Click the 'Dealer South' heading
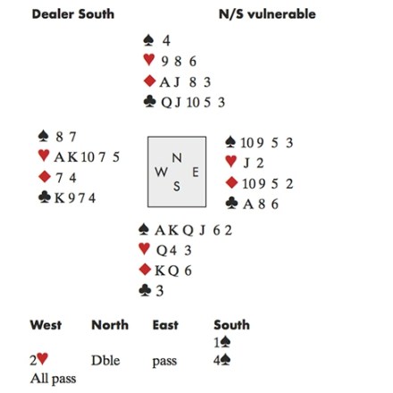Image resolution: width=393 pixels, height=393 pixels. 73,14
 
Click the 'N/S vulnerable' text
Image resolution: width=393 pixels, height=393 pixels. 267,14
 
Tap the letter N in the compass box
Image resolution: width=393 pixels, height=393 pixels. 177,158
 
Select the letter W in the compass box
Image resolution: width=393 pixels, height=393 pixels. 161,171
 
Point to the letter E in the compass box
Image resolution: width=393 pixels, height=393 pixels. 196,172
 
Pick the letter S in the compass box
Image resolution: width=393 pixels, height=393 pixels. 177,187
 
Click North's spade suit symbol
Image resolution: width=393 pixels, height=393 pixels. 148,40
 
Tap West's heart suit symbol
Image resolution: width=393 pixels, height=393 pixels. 44,155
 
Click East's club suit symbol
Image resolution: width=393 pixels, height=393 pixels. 231,203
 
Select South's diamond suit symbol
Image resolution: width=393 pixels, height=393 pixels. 145,270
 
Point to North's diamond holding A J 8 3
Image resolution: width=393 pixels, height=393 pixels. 185,82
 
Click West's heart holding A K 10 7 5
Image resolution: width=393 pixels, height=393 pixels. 87,157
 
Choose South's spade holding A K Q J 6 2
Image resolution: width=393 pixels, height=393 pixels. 193,230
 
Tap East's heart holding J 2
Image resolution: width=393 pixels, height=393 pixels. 254,163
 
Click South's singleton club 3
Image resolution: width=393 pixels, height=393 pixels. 160,291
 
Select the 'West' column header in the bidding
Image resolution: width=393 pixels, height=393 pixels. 46,325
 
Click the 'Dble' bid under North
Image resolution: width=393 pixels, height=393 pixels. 105,361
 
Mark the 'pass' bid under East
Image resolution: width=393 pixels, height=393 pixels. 164,362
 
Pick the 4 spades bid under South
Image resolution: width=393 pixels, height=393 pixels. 222,361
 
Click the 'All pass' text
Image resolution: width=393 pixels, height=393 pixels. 53,379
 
